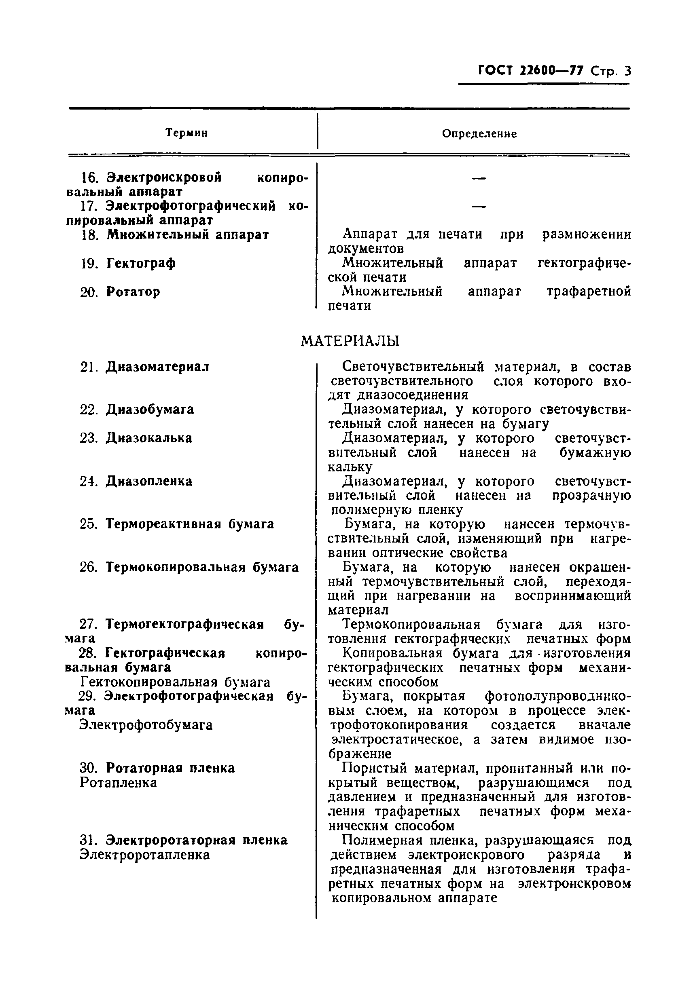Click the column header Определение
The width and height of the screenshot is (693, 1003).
[479, 134]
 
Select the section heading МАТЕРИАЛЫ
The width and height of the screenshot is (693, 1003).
[350, 341]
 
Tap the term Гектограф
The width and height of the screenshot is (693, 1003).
[141, 263]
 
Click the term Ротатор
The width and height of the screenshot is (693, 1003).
[133, 292]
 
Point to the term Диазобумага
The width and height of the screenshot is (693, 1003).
[150, 410]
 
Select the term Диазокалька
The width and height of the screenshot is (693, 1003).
[149, 438]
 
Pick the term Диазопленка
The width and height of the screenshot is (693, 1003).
[149, 481]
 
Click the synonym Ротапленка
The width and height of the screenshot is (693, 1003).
[118, 783]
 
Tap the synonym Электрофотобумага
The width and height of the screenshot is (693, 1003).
[146, 725]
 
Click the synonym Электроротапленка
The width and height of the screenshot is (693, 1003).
[144, 855]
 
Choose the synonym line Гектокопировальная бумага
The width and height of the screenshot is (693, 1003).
[176, 682]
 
